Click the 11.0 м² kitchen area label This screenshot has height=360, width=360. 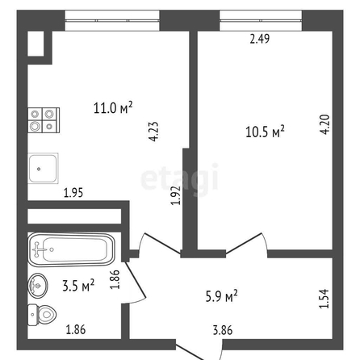[113, 107]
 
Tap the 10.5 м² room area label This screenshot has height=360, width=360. [265, 132]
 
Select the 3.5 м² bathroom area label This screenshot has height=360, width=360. [78, 285]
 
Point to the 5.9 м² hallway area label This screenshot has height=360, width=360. [222, 295]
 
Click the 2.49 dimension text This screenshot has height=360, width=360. [260, 39]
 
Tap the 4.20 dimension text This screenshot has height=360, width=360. [325, 124]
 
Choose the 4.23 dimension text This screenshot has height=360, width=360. [154, 132]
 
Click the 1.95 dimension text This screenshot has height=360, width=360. [73, 193]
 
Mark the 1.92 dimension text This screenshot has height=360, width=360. [176, 195]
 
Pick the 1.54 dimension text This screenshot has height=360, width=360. [324, 299]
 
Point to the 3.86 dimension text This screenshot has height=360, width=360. [223, 330]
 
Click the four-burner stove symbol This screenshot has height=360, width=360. [44, 120]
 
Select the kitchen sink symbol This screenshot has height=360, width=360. [43, 168]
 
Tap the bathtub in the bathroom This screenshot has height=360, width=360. [72, 249]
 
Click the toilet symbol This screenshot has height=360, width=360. [42, 315]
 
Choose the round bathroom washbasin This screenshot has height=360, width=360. [38, 286]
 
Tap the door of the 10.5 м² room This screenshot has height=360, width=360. [247, 244]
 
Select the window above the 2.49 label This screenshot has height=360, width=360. [261, 20]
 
